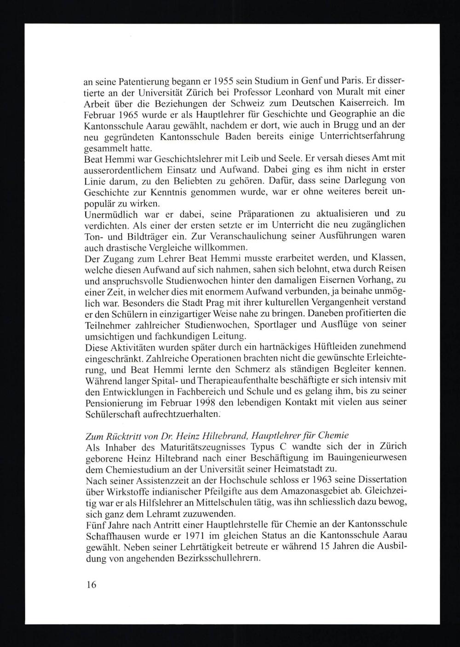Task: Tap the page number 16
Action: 90,585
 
